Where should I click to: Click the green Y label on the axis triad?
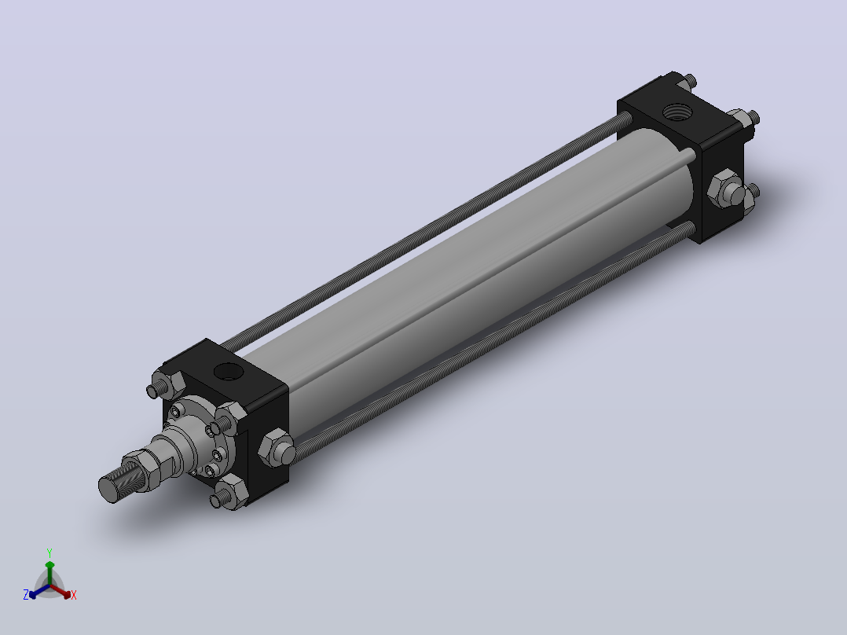tap(49, 552)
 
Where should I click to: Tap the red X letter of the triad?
tap(74, 595)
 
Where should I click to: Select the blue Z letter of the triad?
tap(26, 595)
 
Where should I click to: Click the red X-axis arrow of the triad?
tap(60, 591)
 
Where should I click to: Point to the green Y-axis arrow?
tap(49, 574)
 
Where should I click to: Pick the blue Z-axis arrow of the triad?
tap(39, 591)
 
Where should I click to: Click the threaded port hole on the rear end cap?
tap(676, 112)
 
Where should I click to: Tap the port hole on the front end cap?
tap(229, 371)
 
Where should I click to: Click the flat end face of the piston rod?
tap(108, 490)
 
